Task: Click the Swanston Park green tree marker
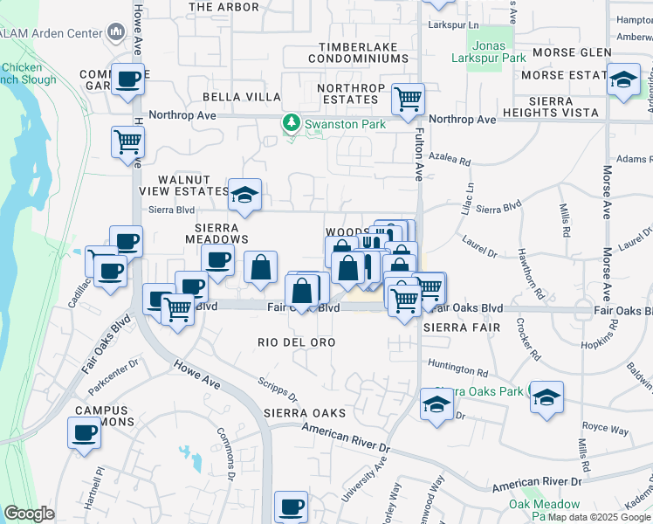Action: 292,124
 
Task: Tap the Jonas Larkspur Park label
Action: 488,52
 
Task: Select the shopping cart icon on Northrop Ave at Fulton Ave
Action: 408,99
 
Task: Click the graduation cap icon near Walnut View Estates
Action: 245,194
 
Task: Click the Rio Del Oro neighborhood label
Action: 297,342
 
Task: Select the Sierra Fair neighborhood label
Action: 461,327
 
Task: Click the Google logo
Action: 28,514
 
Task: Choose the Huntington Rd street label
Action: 457,372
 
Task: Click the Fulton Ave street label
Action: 420,148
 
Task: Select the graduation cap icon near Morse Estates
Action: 622,81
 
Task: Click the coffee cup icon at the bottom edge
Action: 291,506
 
